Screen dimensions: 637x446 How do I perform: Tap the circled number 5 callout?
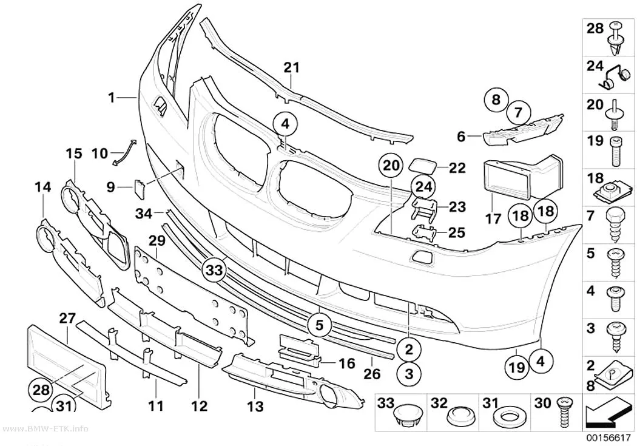click(x=319, y=325)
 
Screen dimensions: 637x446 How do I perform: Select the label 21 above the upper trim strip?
click(x=291, y=68)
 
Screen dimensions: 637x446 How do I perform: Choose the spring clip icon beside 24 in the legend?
click(x=614, y=78)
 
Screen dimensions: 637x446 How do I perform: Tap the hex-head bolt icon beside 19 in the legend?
click(x=615, y=151)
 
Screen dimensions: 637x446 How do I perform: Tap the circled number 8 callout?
click(x=496, y=100)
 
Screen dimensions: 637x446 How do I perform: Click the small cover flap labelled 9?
click(x=139, y=190)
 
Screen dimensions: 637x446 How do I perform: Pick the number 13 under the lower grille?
click(x=255, y=406)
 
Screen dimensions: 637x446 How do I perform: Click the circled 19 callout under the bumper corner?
click(x=517, y=367)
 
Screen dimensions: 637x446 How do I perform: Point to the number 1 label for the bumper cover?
click(x=111, y=98)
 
